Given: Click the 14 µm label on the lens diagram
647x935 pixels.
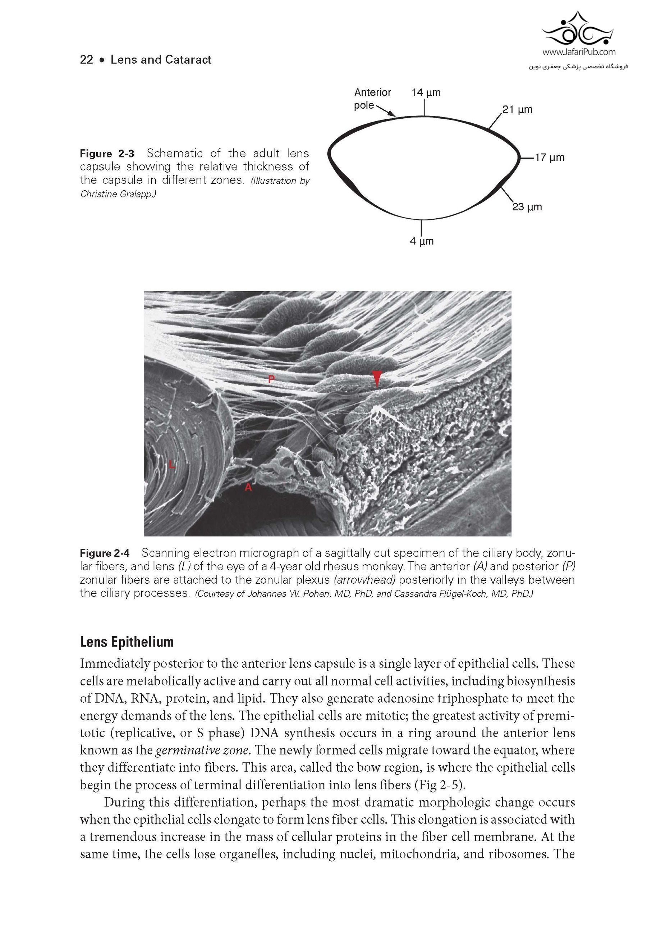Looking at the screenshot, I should coord(426,92).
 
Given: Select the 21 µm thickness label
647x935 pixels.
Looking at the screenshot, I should coord(517,109).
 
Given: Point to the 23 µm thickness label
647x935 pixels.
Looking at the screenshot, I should coord(527,207).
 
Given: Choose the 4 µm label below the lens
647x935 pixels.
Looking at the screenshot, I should coord(422,241).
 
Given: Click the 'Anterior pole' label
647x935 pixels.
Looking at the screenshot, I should coord(372,99).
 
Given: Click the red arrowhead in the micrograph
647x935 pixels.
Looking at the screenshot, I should coord(377,378).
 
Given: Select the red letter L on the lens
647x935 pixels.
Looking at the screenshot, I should coord(171,465).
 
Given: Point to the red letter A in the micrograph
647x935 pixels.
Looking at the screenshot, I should coord(248,487).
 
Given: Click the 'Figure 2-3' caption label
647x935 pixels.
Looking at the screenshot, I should coord(107,154).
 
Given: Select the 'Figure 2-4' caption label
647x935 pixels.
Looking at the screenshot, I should coord(105,553).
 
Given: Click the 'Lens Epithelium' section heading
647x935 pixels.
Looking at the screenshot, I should coord(127,642).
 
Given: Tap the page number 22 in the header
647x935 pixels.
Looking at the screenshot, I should coord(86,60).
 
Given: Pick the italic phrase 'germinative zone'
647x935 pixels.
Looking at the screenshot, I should coord(203,750).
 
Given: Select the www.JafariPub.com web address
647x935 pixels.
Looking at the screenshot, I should coord(578,52).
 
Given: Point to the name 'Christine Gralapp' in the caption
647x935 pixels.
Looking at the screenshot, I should coord(117,194).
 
